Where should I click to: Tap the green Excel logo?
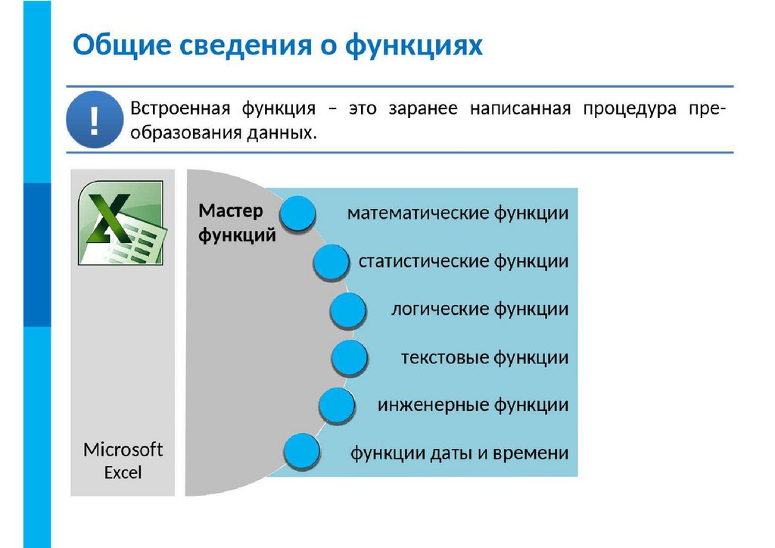click(x=121, y=223)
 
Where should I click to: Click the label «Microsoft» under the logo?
click(x=123, y=450)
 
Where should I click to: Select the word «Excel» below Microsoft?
click(x=123, y=473)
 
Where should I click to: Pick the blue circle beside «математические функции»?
click(x=298, y=213)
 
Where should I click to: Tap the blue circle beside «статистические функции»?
click(x=331, y=262)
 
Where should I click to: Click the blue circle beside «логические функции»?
click(x=348, y=310)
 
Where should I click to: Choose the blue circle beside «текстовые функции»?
click(x=350, y=358)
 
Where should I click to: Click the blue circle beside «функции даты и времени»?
click(x=300, y=453)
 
